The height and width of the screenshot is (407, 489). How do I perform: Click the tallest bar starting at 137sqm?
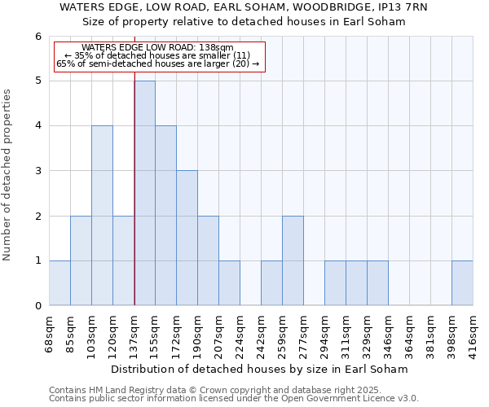(x=144, y=193)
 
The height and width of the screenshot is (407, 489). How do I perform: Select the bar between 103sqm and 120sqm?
(x=102, y=216)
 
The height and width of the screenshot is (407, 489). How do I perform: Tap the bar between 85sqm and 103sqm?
(x=81, y=260)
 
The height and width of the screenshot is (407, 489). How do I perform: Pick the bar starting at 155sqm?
(x=165, y=216)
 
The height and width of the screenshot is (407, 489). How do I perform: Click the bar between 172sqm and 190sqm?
(x=187, y=238)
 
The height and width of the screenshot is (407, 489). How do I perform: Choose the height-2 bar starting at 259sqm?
(x=293, y=260)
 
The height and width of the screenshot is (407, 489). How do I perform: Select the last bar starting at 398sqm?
(x=462, y=283)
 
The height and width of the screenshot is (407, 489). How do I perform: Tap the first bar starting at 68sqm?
(x=59, y=283)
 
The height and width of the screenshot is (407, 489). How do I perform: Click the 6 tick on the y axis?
(x=38, y=36)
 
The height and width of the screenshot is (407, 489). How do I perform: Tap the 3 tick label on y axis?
(x=38, y=171)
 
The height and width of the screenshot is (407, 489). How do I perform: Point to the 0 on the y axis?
(x=38, y=306)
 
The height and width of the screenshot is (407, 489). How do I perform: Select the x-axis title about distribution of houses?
(x=261, y=369)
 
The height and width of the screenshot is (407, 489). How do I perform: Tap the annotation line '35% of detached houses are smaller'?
(x=160, y=55)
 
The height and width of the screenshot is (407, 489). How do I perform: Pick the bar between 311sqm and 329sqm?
(x=356, y=283)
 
